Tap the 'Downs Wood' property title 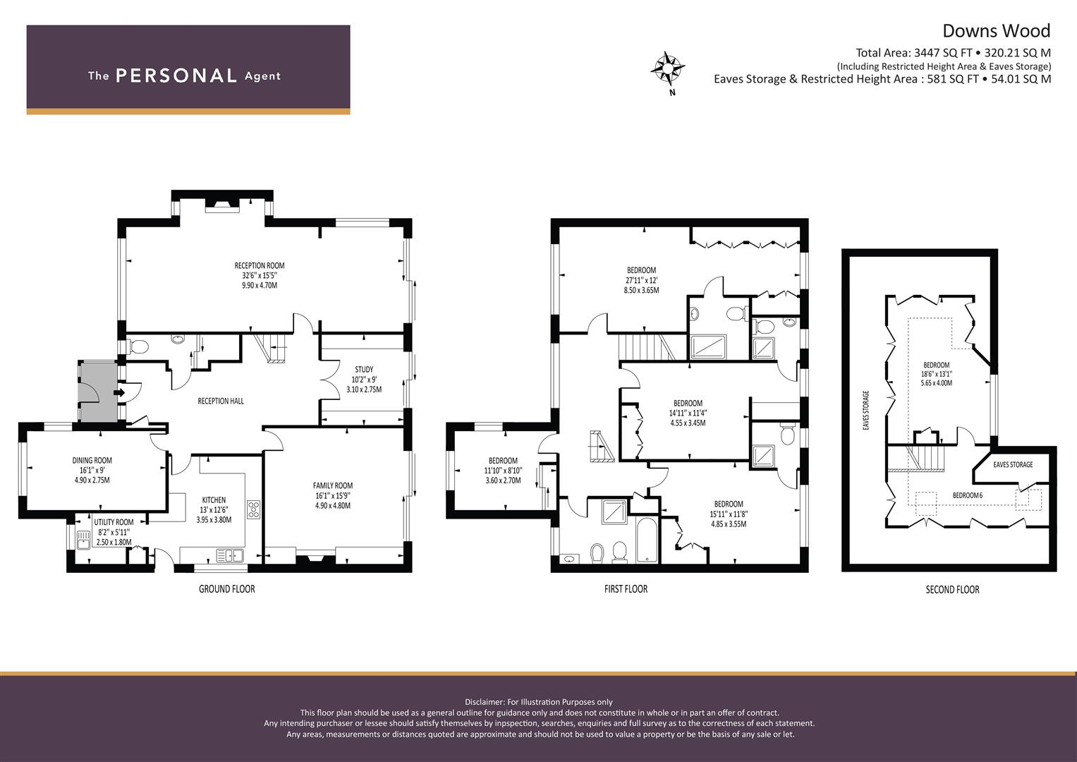pyautogui.click(x=996, y=31)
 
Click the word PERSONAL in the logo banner pyautogui.click(x=176, y=75)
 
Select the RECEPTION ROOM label pyautogui.click(x=259, y=265)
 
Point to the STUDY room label pyautogui.click(x=364, y=370)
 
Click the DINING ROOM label pyautogui.click(x=92, y=460)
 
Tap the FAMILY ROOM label pyautogui.click(x=333, y=486)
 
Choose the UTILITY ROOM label pyautogui.click(x=114, y=522)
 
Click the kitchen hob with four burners pyautogui.click(x=254, y=510)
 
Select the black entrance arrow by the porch pyautogui.click(x=118, y=392)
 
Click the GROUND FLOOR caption pyautogui.click(x=227, y=589)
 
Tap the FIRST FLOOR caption pyautogui.click(x=626, y=589)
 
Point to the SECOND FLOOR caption pyautogui.click(x=952, y=589)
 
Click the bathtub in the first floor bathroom pyautogui.click(x=649, y=540)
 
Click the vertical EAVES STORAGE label pyautogui.click(x=866, y=410)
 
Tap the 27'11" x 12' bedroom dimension pyautogui.click(x=641, y=281)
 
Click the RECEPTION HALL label pyautogui.click(x=221, y=401)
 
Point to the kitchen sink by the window pyautogui.click(x=231, y=556)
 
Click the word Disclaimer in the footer pyautogui.click(x=485, y=702)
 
